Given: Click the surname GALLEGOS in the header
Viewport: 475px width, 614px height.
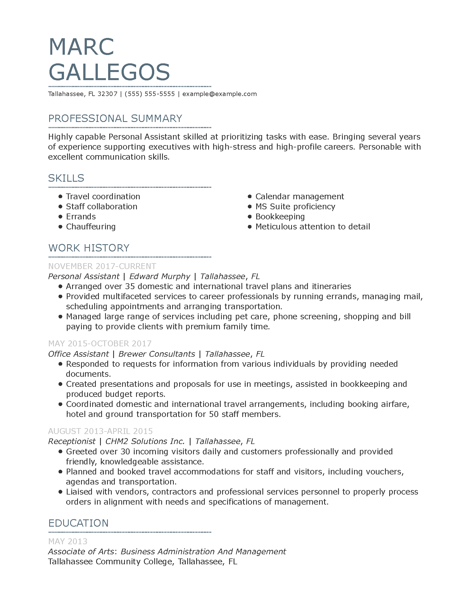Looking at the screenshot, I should point(109,72).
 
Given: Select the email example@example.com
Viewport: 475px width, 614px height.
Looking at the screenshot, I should point(220,94).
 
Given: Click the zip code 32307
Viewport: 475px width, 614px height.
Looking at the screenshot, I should point(107,94).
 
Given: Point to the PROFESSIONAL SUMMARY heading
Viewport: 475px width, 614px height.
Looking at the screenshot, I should point(115,119).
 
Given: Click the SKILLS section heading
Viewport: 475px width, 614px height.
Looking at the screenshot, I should point(66,178).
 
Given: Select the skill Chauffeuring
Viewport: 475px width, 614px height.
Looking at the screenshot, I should point(91,227).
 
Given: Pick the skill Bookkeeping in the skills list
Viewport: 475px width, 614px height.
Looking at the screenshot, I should point(280,217).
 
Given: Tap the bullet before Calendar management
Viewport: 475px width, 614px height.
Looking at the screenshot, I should point(250,196).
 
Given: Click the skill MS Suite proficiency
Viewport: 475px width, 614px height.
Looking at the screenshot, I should point(295,206).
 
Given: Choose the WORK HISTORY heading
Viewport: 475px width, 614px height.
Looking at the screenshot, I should point(89,248).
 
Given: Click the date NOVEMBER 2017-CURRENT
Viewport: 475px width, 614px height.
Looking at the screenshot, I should point(102,266).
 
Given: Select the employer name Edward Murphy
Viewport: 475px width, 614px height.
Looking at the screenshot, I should point(160,276).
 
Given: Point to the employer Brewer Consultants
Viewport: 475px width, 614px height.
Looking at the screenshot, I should point(156,354).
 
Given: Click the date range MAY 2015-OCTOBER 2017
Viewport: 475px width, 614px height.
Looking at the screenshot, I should point(100,344).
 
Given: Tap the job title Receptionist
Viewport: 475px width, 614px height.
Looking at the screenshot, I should point(72,442).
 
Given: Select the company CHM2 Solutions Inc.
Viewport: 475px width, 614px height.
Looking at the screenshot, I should point(145,442).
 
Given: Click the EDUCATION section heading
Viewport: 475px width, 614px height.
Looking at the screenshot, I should point(78,523).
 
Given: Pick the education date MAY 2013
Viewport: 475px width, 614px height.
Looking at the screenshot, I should point(68,541).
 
